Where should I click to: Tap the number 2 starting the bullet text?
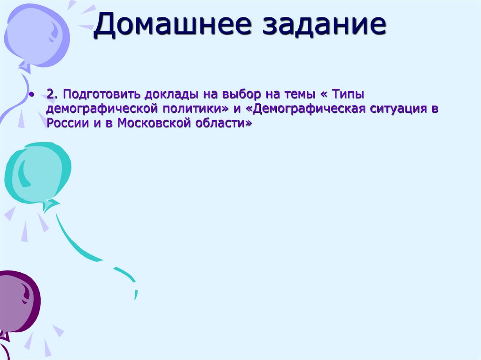click(x=50, y=94)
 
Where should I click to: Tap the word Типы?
click(x=348, y=94)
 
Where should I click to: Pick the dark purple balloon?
click(x=16, y=300)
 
